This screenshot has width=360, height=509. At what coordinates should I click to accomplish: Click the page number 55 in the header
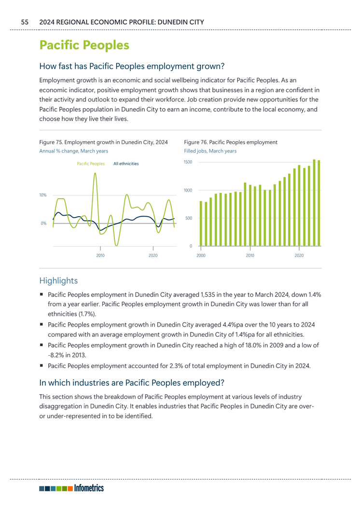click(25, 22)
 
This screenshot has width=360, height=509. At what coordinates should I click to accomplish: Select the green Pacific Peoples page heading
click(84, 45)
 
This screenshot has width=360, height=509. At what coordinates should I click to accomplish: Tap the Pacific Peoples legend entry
click(91, 164)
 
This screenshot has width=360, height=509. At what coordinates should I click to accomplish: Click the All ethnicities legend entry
click(126, 164)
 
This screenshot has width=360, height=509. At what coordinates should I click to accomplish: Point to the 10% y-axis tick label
click(43, 195)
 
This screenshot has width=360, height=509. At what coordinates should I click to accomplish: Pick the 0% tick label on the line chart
click(43, 223)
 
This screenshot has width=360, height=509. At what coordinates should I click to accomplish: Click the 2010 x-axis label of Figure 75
click(100, 256)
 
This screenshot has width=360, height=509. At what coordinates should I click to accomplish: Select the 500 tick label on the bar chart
click(189, 218)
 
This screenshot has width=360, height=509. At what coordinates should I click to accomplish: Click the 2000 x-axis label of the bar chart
click(201, 256)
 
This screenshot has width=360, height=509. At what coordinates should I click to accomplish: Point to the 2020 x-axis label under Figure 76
click(299, 256)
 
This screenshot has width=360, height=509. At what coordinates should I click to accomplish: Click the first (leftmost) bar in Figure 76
click(201, 223)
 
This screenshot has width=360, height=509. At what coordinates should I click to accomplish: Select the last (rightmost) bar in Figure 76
click(319, 203)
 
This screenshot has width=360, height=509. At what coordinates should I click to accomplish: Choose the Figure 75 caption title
click(104, 142)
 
